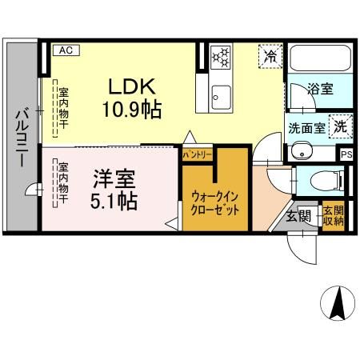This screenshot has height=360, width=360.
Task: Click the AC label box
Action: click(x=66, y=50)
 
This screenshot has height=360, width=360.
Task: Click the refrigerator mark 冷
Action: click(x=271, y=56)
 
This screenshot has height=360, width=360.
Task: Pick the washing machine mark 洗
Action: click(x=340, y=126)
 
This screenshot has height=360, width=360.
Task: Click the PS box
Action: click(x=346, y=155)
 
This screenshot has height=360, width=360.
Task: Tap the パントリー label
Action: click(x=197, y=153)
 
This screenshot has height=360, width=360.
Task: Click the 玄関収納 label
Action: click(x=333, y=216)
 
